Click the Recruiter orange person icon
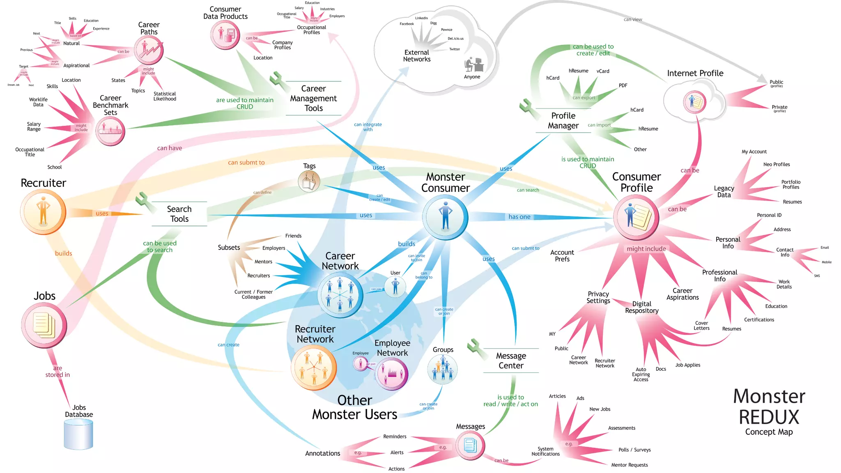(x=43, y=212)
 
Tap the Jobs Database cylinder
(x=78, y=434)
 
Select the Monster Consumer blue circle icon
(x=445, y=217)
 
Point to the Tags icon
(x=309, y=181)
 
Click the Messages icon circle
(x=470, y=445)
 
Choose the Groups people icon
(x=442, y=369)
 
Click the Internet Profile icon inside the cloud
(x=694, y=102)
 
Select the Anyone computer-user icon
(x=473, y=65)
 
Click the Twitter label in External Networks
(x=455, y=49)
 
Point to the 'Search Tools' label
(x=179, y=214)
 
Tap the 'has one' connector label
(x=519, y=217)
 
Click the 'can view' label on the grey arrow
(x=633, y=19)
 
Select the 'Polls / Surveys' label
(x=634, y=450)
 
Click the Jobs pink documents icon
(x=44, y=325)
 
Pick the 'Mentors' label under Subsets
(x=263, y=262)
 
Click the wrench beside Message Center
(x=476, y=346)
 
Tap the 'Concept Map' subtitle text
(x=769, y=432)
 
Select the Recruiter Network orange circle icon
(x=313, y=367)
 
